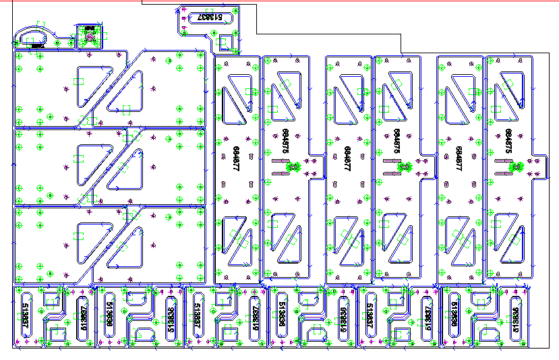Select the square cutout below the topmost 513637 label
pyautogui.click(x=226, y=42)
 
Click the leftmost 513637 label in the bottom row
pyautogui.click(x=26, y=316)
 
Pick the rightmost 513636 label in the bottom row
pyautogui.click(x=515, y=318)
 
